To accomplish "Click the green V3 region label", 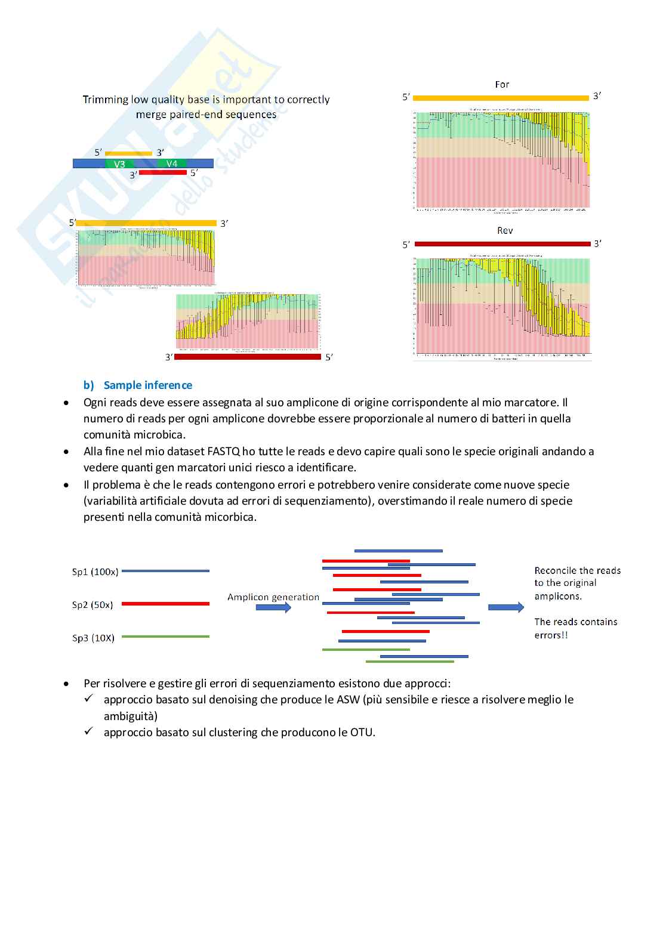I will pyautogui.click(x=119, y=164).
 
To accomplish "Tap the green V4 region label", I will pyautogui.click(x=172, y=164).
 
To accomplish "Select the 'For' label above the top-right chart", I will pyautogui.click(x=502, y=85).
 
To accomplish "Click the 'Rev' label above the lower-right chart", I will pyautogui.click(x=505, y=231).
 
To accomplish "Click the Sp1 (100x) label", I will pyautogui.click(x=95, y=572).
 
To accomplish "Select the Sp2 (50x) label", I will pyautogui.click(x=92, y=605).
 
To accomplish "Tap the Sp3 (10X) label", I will pyautogui.click(x=93, y=638).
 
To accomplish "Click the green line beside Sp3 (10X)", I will pyautogui.click(x=165, y=637).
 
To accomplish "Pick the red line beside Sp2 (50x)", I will pyautogui.click(x=165, y=604).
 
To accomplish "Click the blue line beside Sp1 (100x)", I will pyautogui.click(x=165, y=571).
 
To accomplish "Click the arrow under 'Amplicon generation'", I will pyautogui.click(x=273, y=607).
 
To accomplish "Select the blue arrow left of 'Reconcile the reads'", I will pyautogui.click(x=506, y=607).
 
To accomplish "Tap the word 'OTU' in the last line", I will pyautogui.click(x=362, y=732).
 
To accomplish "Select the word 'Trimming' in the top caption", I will pyautogui.click(x=106, y=100).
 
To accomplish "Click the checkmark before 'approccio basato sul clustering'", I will pyautogui.click(x=89, y=731).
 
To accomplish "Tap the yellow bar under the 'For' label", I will pyautogui.click(x=501, y=98).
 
